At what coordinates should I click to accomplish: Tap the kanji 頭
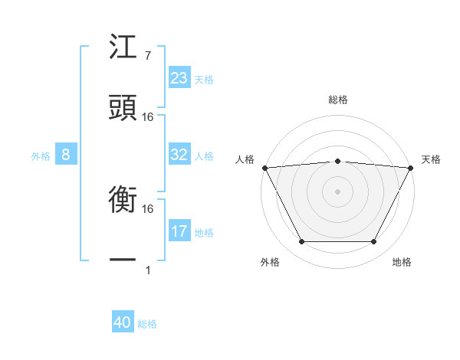[x=123, y=107]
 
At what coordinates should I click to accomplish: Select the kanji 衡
[x=123, y=201]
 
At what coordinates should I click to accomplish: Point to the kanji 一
[x=123, y=260]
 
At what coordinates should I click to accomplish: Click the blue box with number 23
[x=179, y=77]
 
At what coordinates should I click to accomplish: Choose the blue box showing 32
[x=179, y=155]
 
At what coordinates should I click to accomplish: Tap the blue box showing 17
[x=179, y=231]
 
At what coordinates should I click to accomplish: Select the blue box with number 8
[x=66, y=155]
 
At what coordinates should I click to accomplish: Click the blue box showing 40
[x=123, y=323]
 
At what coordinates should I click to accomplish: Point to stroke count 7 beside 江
[x=147, y=56]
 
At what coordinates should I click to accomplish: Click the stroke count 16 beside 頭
[x=148, y=116]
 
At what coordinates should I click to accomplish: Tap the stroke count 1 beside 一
[x=147, y=270]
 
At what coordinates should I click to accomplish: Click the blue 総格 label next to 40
[x=147, y=324]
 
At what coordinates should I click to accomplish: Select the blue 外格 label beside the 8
[x=41, y=155]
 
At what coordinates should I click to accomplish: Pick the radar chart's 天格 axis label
[x=431, y=159]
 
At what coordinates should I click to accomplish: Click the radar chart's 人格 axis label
[x=245, y=159]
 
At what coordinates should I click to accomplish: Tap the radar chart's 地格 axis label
[x=402, y=262]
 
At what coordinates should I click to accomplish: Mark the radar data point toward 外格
[x=301, y=242]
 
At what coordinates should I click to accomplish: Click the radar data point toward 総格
[x=337, y=161]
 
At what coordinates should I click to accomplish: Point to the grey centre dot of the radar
[x=337, y=191]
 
